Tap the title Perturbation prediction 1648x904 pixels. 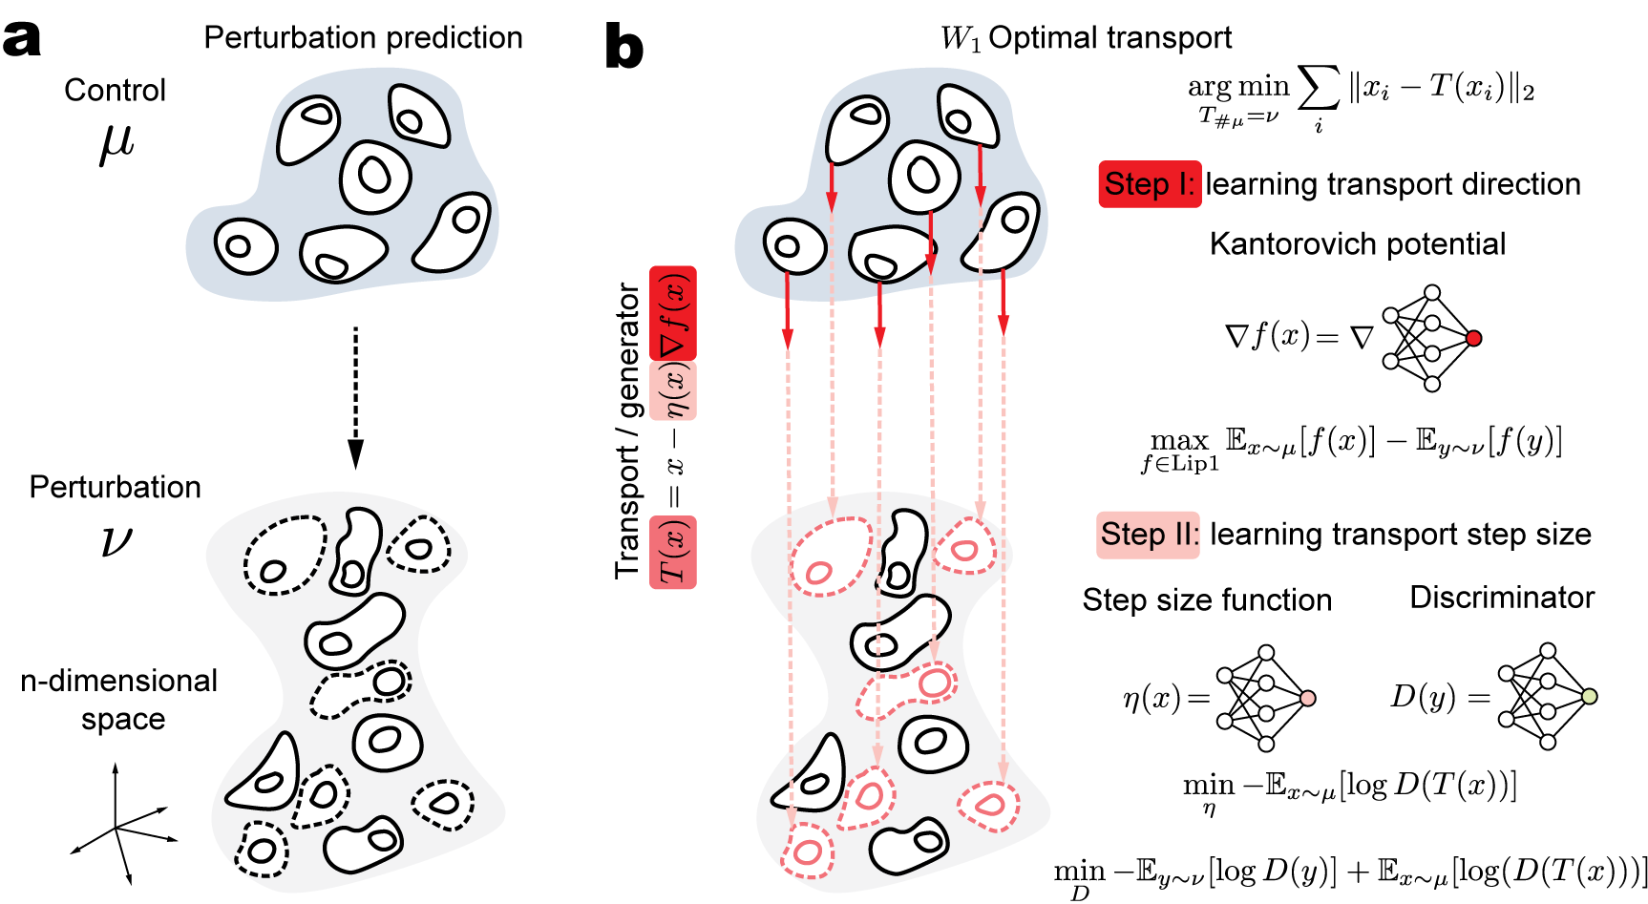click(363, 37)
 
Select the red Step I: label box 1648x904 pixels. click(1150, 184)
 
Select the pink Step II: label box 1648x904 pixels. click(1148, 535)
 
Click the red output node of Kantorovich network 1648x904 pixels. click(1473, 338)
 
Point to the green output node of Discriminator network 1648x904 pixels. click(1589, 697)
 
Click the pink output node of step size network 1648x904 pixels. click(1308, 698)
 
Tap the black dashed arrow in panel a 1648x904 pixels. click(355, 396)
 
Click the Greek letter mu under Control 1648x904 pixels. click(116, 143)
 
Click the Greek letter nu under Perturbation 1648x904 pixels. click(116, 540)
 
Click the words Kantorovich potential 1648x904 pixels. click(1357, 244)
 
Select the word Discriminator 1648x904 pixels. click(1502, 598)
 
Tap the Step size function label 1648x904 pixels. click(1207, 599)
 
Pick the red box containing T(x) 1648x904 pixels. click(673, 552)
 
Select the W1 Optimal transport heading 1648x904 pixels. click(1086, 37)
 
